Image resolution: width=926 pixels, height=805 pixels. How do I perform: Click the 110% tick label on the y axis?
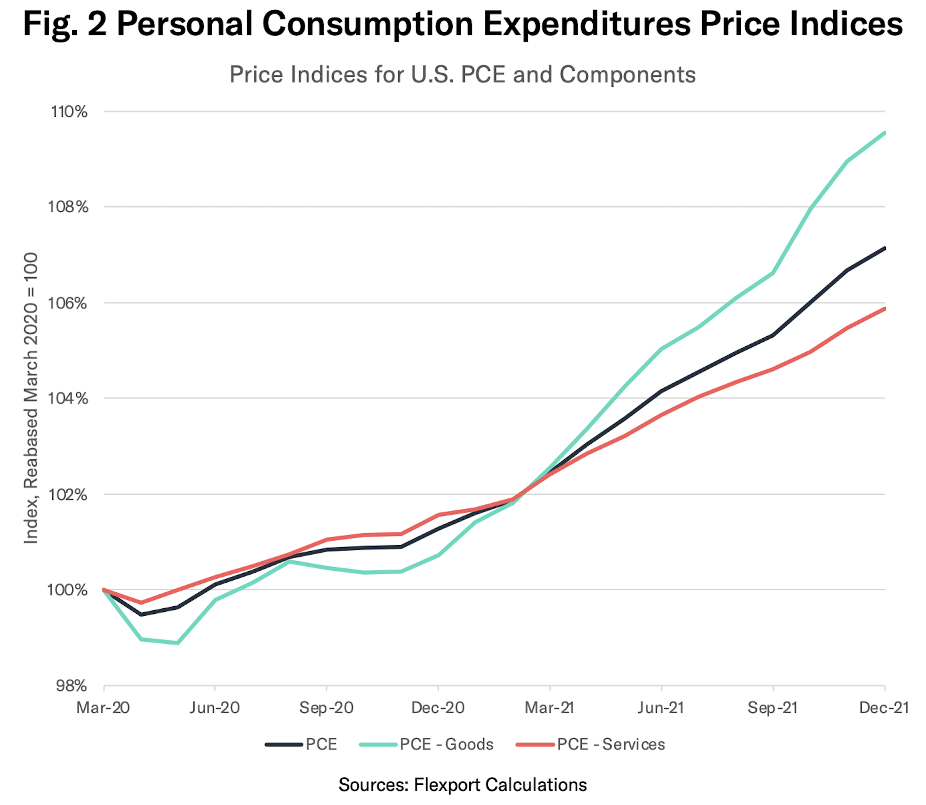pyautogui.click(x=69, y=111)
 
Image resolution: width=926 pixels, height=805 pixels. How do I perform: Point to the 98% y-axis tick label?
pyautogui.click(x=71, y=686)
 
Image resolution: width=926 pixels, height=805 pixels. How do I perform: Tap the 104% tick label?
pyautogui.click(x=69, y=398)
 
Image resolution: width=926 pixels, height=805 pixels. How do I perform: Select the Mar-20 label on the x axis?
pyautogui.click(x=103, y=708)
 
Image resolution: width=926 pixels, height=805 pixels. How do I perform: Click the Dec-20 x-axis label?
pyautogui.click(x=438, y=708)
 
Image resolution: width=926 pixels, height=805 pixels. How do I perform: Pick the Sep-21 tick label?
pyautogui.click(x=772, y=708)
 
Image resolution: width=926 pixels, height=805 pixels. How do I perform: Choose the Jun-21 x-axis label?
pyautogui.click(x=661, y=708)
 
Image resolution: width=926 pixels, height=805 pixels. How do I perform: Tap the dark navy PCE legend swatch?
pyautogui.click(x=284, y=745)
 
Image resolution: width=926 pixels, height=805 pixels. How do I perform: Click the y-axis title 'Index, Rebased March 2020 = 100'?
pyautogui.click(x=31, y=398)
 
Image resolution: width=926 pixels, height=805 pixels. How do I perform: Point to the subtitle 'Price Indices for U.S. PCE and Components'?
pyautogui.click(x=462, y=75)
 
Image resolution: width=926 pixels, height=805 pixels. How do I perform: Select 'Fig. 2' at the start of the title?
pyautogui.click(x=65, y=24)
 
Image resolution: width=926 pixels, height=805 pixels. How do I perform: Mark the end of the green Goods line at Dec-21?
pyautogui.click(x=884, y=133)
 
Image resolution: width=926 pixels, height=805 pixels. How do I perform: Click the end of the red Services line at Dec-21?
pyautogui.click(x=884, y=309)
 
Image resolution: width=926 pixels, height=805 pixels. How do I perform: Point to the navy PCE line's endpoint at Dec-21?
pyautogui.click(x=884, y=248)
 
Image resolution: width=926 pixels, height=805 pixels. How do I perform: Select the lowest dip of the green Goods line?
pyautogui.click(x=178, y=643)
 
